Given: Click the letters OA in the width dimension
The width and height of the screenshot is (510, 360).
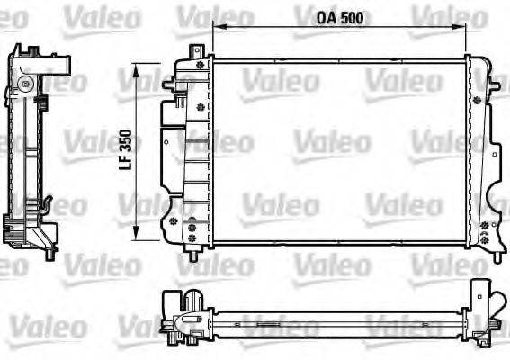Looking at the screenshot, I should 305,17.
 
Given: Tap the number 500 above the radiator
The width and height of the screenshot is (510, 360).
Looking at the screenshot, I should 334,17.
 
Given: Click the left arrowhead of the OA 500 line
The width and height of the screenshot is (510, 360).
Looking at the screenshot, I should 216,30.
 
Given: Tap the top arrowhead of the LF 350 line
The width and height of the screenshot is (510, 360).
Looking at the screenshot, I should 137,68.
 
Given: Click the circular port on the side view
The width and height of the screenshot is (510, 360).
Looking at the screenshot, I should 28,85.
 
